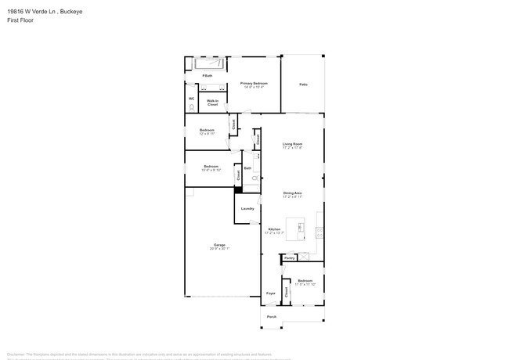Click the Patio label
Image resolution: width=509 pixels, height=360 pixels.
[302, 85]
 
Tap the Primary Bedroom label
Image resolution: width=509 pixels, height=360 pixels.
[254, 83]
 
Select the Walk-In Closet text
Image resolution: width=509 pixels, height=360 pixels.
[212, 102]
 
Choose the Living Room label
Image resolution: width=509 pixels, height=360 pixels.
[292, 144]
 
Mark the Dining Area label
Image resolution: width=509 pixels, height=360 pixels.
[292, 193]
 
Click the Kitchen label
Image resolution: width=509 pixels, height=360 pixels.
[273, 229]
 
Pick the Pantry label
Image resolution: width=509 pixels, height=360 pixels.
[289, 257]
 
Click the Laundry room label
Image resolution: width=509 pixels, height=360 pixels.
[247, 209]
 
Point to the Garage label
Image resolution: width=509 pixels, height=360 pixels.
[219, 245]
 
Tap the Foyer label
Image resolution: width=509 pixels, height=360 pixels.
[271, 293]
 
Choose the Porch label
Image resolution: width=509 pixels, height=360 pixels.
[272, 317]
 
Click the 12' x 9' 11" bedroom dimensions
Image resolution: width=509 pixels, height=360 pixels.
[207, 134]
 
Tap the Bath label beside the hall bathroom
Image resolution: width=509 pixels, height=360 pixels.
[247, 168]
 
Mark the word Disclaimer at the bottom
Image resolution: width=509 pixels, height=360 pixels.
[17, 353]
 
